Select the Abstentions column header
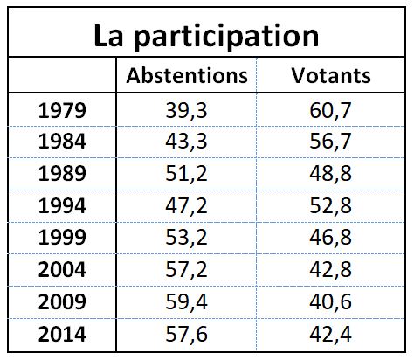pyautogui.click(x=187, y=75)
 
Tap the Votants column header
pyautogui.click(x=330, y=75)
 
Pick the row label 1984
pyautogui.click(x=62, y=142)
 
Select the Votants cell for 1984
pyautogui.click(x=330, y=142)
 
